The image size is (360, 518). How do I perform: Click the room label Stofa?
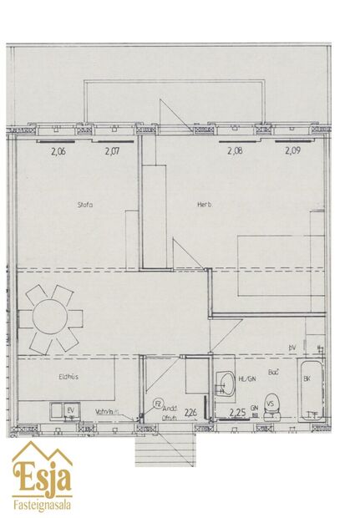[x=84, y=204]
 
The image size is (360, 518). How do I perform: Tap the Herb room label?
[x=204, y=204]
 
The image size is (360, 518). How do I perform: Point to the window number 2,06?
[x=58, y=151]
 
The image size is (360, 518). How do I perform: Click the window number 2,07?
[x=113, y=151]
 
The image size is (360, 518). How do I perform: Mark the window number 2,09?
[x=292, y=151]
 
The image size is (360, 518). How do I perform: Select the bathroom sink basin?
[x=226, y=384]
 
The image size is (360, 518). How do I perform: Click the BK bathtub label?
[x=307, y=379]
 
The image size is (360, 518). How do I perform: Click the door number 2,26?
[x=190, y=411]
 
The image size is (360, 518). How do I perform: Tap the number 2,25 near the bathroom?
[x=237, y=413]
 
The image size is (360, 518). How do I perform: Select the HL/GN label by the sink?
[x=247, y=379]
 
